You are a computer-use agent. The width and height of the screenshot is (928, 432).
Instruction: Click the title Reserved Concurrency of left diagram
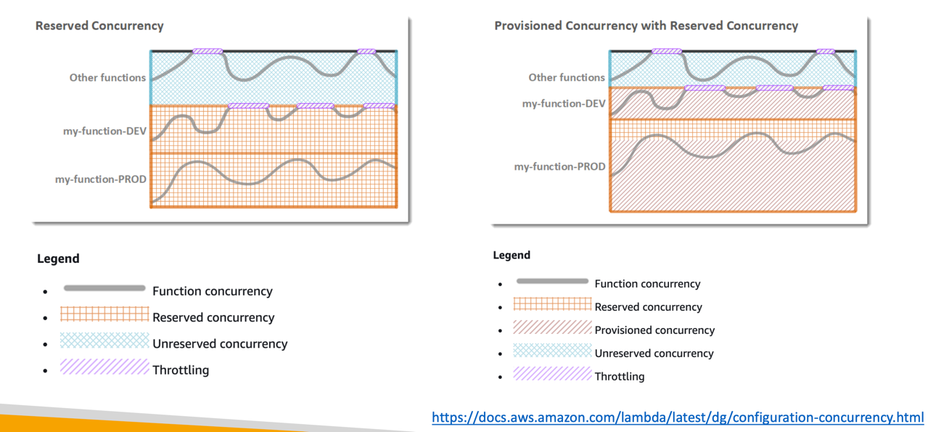tap(99, 25)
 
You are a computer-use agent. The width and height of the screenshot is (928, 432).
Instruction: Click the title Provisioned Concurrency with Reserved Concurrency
tap(646, 25)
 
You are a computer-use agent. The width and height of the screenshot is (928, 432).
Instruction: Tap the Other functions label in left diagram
tap(107, 78)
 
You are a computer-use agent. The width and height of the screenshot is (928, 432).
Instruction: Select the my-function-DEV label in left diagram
tap(104, 131)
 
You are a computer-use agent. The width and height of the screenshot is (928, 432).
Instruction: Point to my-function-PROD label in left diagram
tap(101, 179)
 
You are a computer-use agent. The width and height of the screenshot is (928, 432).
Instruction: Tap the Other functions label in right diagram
tap(566, 78)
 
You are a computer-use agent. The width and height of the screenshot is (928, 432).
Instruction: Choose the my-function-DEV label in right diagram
tap(563, 104)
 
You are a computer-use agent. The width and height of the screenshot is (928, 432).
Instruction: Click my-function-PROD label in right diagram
tap(559, 166)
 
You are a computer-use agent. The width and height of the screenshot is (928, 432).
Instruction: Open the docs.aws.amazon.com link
tap(678, 417)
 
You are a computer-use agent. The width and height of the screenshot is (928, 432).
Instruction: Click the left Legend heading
tap(58, 258)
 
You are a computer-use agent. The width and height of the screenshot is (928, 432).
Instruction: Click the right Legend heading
tap(512, 255)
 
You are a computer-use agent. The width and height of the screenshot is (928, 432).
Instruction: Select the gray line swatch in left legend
tap(104, 289)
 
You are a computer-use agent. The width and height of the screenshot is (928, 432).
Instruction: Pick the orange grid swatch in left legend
tap(104, 314)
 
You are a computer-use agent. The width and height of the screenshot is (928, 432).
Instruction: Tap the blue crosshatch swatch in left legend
tap(104, 341)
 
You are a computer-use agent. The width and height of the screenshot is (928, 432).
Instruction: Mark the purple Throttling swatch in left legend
tap(104, 367)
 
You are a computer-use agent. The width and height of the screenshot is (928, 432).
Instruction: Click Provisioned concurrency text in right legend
tap(654, 330)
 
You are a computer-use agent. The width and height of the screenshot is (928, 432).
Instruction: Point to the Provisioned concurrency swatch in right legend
tap(552, 327)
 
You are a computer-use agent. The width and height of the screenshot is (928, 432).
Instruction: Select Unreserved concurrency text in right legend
tap(654, 354)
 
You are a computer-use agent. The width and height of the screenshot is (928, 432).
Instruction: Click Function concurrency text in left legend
tap(213, 291)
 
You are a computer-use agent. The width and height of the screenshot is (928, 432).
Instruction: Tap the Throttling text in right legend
tap(619, 376)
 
